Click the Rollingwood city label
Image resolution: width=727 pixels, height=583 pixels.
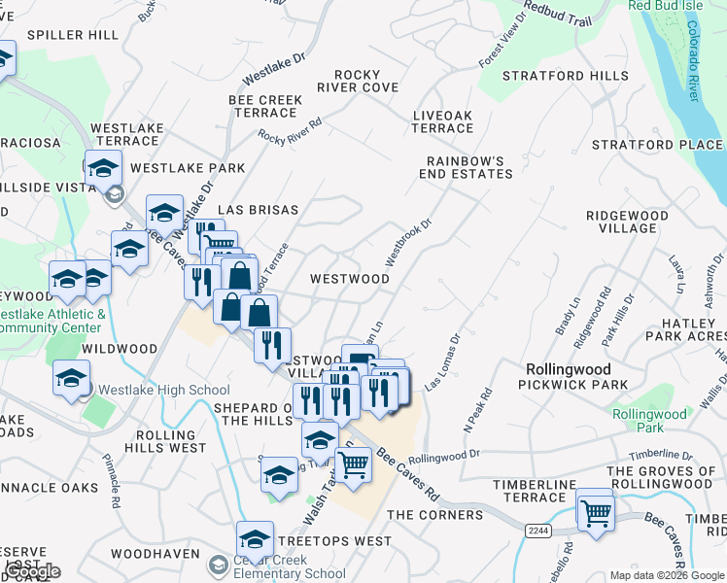(569, 369)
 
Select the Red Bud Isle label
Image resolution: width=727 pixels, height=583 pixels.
(665, 5)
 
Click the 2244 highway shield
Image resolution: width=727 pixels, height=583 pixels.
(537, 531)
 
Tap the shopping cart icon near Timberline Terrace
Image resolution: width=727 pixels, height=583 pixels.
(594, 512)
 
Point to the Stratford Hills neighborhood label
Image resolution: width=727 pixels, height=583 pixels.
(558, 76)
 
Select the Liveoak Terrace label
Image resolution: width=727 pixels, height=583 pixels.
(442, 121)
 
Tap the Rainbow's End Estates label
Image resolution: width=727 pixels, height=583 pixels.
(466, 167)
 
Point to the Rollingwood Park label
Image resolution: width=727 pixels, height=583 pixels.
(638, 421)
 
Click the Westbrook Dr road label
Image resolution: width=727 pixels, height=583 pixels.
(407, 242)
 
